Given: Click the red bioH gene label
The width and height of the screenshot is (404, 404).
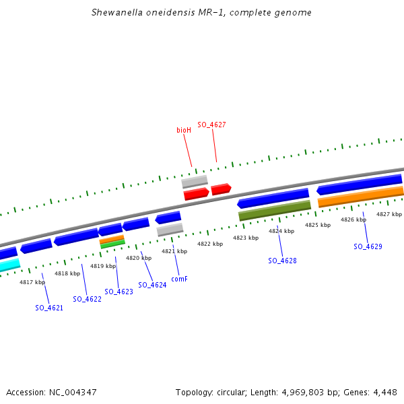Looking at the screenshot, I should click(184, 130).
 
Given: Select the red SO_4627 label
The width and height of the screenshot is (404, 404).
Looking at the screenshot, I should click(211, 125).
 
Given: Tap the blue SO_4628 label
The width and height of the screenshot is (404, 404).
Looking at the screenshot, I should click(282, 261).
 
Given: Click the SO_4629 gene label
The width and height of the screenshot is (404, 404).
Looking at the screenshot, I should click(368, 246).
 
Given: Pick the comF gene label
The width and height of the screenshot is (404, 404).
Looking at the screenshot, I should click(179, 278).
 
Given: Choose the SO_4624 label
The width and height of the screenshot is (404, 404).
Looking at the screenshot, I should click(152, 285).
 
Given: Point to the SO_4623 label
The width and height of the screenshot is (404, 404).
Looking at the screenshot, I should click(119, 292).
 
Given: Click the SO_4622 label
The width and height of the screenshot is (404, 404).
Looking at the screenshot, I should click(88, 299).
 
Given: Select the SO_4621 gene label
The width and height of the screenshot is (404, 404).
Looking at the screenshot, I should click(49, 308).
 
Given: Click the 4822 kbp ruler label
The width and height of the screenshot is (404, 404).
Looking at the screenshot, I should click(209, 244).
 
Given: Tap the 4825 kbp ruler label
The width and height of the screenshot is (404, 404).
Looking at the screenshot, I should click(317, 225).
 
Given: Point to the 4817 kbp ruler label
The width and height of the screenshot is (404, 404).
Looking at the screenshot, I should click(32, 282).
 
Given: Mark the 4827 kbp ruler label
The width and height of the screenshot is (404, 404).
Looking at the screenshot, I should click(389, 214).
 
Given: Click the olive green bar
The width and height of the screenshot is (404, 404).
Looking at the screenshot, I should click(275, 211).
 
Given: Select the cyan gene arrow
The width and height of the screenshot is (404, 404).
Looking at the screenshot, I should click(9, 266).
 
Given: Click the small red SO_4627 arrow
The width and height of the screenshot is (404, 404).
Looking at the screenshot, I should click(221, 189).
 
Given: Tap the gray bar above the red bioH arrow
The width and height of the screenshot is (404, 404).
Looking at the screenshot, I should click(195, 182).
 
